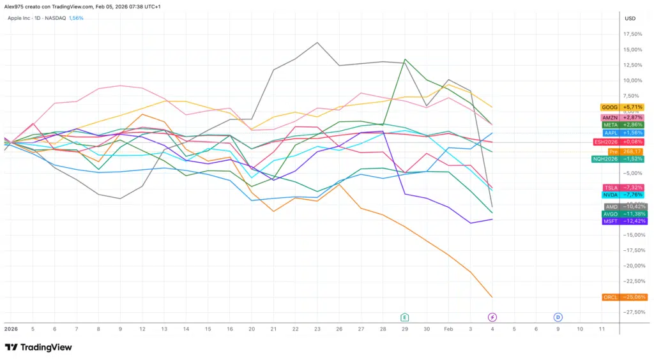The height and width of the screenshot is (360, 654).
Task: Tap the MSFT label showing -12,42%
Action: click(x=624, y=221)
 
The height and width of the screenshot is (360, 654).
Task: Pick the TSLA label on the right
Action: click(x=624, y=187)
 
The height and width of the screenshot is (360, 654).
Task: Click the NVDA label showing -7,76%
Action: click(x=624, y=195)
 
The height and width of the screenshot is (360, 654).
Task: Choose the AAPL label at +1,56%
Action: click(x=624, y=133)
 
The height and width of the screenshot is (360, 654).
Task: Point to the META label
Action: click(x=624, y=125)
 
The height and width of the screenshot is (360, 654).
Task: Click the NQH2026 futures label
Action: click(x=618, y=159)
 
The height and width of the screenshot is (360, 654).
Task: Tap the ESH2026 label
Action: click(x=618, y=142)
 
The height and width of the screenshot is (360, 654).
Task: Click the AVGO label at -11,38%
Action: click(x=624, y=214)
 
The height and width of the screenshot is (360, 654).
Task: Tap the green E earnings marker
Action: click(x=404, y=317)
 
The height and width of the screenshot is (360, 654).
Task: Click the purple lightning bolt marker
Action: click(x=492, y=317)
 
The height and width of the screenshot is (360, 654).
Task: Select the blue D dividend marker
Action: click(x=558, y=317)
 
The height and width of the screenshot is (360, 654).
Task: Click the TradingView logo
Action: click(x=38, y=347)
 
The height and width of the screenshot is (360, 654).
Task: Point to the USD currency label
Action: click(x=630, y=18)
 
